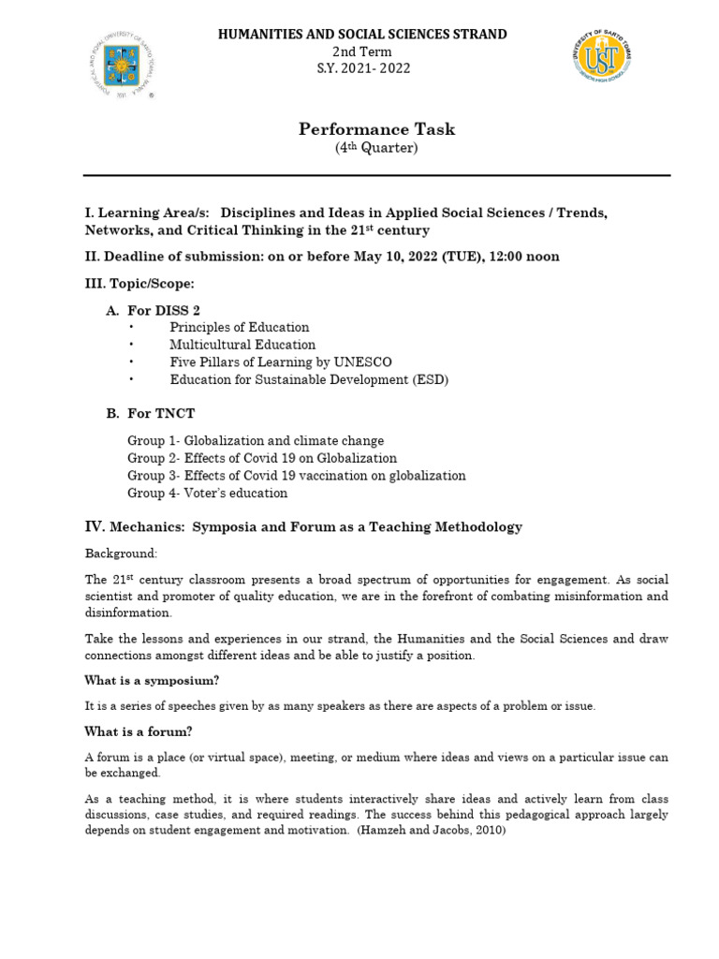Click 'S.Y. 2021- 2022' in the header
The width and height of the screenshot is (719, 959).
363,68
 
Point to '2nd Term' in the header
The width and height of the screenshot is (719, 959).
363,52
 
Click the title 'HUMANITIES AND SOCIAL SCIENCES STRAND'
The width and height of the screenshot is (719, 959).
363,35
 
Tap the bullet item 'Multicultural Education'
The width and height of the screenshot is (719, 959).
242,345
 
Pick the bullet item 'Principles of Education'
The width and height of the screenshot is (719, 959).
240,327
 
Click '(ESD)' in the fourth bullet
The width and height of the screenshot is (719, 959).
433,379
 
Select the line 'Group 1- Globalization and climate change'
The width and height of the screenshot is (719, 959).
256,440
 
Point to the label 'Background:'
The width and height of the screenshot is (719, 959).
122,553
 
